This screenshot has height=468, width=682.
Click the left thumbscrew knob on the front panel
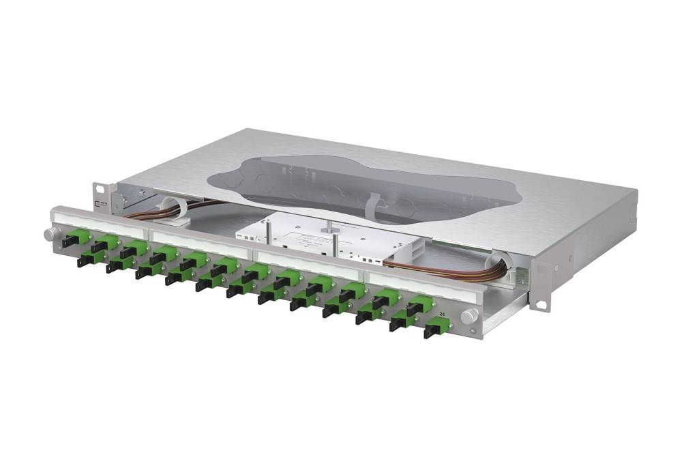click(x=50, y=234)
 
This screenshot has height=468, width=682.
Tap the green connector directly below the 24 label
click(x=434, y=329)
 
